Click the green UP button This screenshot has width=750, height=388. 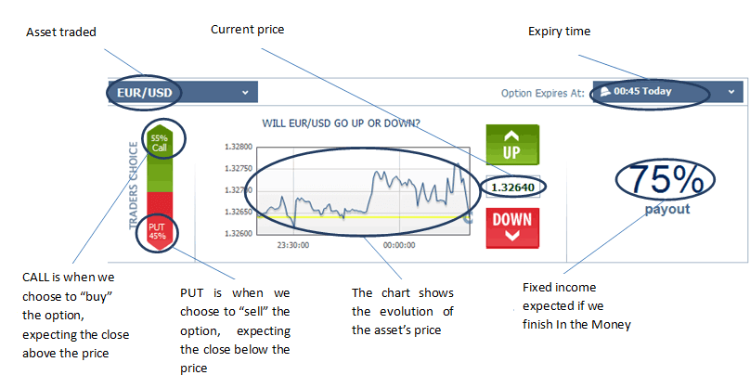pos(511,146)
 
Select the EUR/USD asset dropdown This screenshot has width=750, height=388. pos(182,92)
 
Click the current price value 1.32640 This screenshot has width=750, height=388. pos(513,187)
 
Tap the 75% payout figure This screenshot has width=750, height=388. pos(666,179)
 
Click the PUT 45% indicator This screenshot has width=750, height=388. pos(158,230)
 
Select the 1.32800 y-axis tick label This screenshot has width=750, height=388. pos(239,147)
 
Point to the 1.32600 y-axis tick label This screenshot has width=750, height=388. pos(239,233)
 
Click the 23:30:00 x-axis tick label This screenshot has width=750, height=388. pos(293,246)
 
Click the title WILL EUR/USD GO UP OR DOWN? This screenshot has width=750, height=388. pos(342,123)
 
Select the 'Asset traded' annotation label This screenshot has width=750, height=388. pos(62,32)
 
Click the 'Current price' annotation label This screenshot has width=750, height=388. pos(247,30)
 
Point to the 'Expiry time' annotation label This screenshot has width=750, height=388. pos(559,32)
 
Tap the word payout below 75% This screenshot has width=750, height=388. pos(667,209)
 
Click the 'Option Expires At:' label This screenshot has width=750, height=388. pos(542,93)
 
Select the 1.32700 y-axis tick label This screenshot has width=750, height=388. pos(239,190)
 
